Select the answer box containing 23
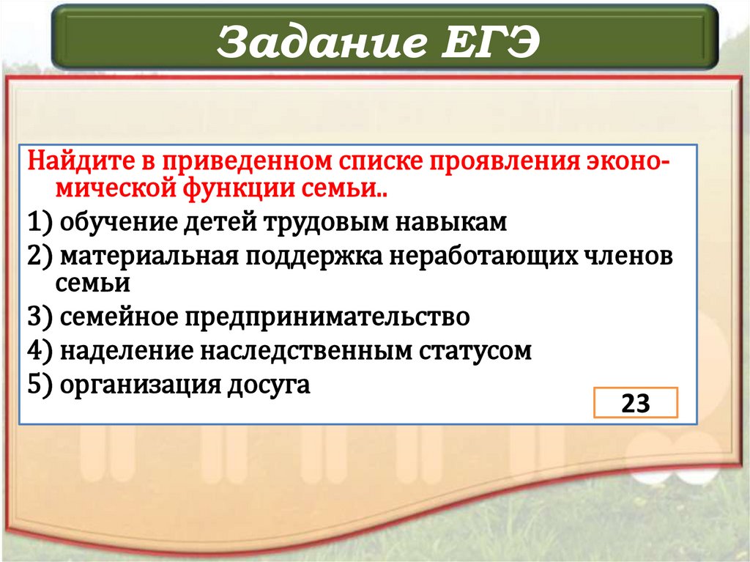coord(635,404)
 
